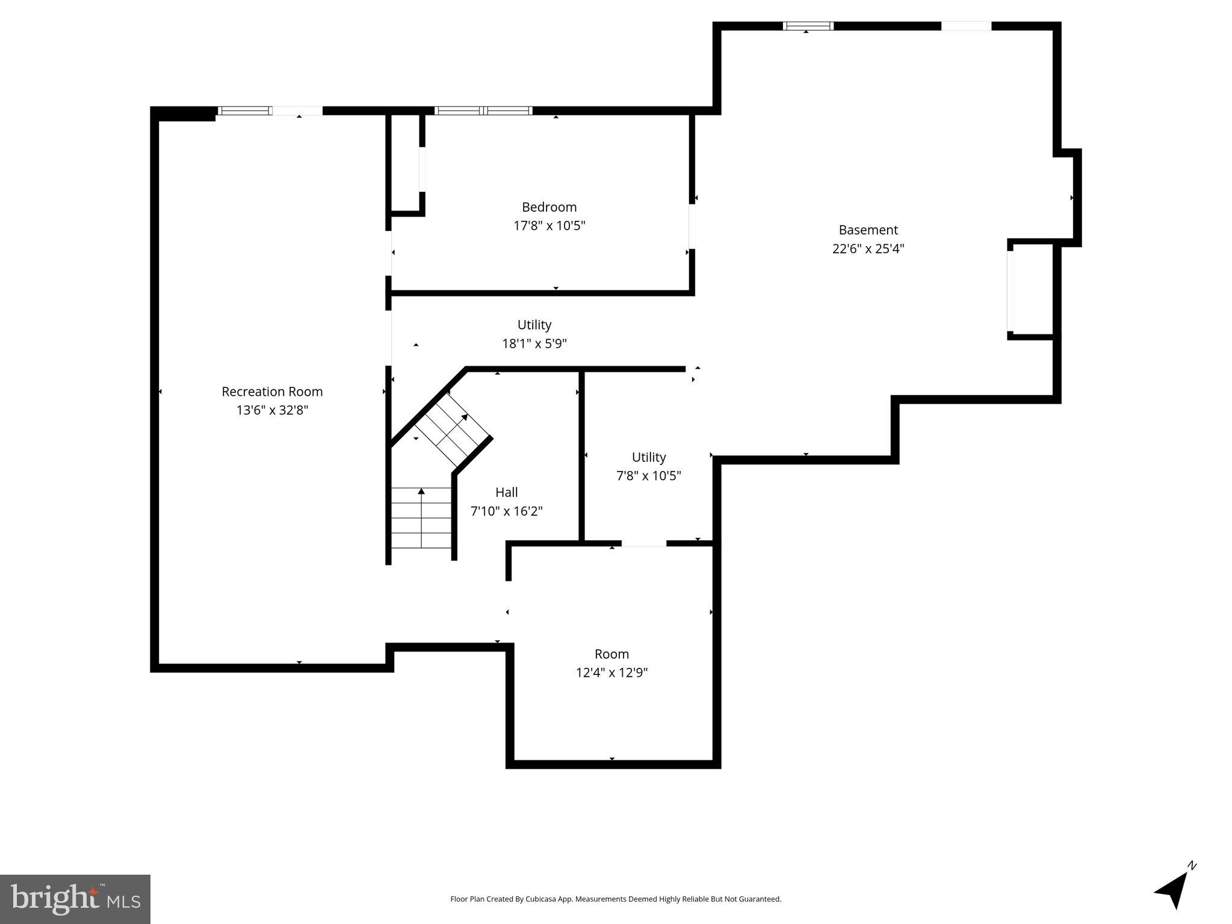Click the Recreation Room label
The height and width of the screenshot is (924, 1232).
click(x=272, y=392)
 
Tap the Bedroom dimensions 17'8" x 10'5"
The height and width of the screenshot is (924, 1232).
click(x=549, y=226)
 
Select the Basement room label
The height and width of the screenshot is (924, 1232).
click(x=868, y=230)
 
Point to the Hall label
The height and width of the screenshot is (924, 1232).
click(x=506, y=492)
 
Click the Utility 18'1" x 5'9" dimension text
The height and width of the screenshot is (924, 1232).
click(x=534, y=343)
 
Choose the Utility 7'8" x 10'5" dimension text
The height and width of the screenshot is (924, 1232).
click(x=648, y=476)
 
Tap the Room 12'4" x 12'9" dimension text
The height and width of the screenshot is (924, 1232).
click(x=611, y=673)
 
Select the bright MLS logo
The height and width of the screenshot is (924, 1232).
click(x=75, y=899)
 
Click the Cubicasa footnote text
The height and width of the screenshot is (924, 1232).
click(x=616, y=899)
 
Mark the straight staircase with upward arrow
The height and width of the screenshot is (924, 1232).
click(x=421, y=518)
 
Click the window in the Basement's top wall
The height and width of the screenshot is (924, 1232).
click(x=808, y=26)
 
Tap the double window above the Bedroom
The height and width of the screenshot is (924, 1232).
click(x=483, y=111)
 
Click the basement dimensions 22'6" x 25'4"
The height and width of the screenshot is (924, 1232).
click(x=868, y=248)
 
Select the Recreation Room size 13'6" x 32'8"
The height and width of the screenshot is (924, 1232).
click(x=272, y=410)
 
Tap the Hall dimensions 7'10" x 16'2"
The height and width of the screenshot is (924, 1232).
click(x=506, y=511)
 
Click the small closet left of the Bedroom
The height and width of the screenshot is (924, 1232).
click(x=406, y=162)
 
